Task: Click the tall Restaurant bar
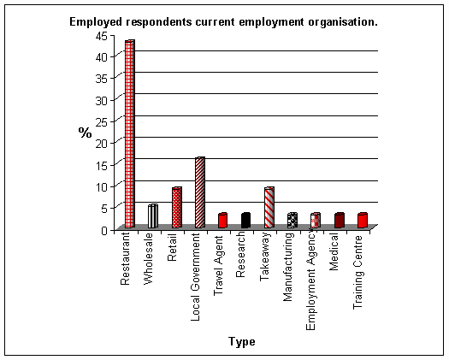(x=130, y=134)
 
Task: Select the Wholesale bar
(x=153, y=216)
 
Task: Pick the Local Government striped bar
(x=200, y=192)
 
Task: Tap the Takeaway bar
(x=269, y=207)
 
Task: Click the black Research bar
(x=245, y=221)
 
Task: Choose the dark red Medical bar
(x=339, y=221)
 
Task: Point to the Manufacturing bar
(x=292, y=221)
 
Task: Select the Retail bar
(x=177, y=207)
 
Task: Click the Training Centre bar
(x=363, y=221)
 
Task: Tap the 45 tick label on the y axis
(x=102, y=36)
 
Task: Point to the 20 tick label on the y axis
(x=102, y=144)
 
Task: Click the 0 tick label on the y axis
(x=104, y=230)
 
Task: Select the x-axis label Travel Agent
(x=218, y=266)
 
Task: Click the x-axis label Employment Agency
(x=310, y=281)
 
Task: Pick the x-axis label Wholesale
(x=149, y=259)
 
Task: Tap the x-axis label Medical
(x=334, y=251)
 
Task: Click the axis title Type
(x=242, y=342)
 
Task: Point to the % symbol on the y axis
(x=85, y=133)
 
